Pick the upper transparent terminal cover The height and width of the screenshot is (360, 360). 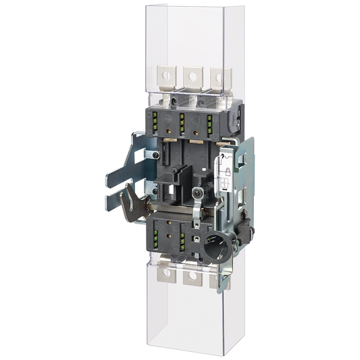pos(189,41)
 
